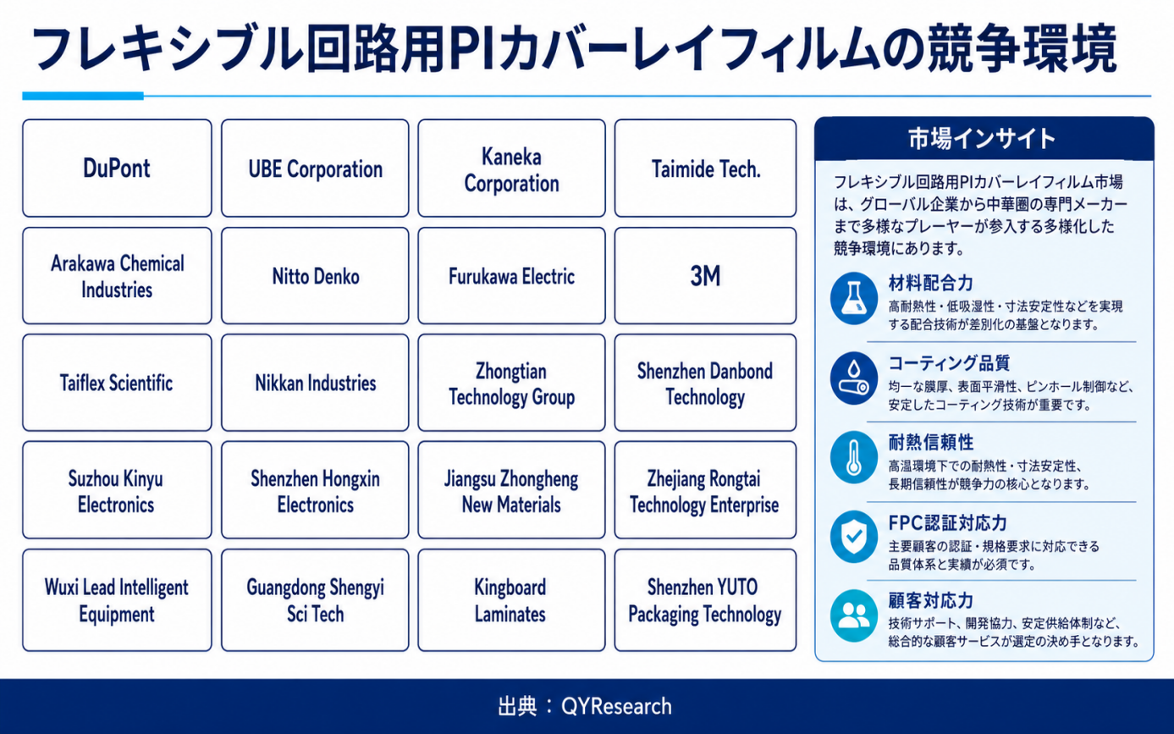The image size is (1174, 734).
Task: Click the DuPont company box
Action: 117,168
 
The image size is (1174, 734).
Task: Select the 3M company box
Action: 705,276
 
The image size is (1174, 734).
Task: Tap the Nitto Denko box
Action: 315,276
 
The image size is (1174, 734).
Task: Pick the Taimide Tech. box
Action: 705,168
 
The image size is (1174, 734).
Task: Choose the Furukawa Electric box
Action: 511,276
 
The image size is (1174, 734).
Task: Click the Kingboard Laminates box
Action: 511,600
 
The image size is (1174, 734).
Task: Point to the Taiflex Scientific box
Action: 117,383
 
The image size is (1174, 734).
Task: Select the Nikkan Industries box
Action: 315,383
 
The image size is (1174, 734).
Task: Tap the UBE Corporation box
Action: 315,168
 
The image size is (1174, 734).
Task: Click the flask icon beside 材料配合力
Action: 854,298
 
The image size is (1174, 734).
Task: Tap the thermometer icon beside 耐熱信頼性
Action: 854,457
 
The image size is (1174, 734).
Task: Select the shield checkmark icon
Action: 854,537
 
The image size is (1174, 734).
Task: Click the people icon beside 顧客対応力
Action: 854,615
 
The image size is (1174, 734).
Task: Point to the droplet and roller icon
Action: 854,378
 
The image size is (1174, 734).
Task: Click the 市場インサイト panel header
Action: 984,139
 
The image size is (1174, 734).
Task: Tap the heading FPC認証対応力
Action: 948,522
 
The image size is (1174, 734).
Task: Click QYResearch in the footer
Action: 616,707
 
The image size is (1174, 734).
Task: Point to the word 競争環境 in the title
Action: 1022,49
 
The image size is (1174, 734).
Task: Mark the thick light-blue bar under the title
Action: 83,96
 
